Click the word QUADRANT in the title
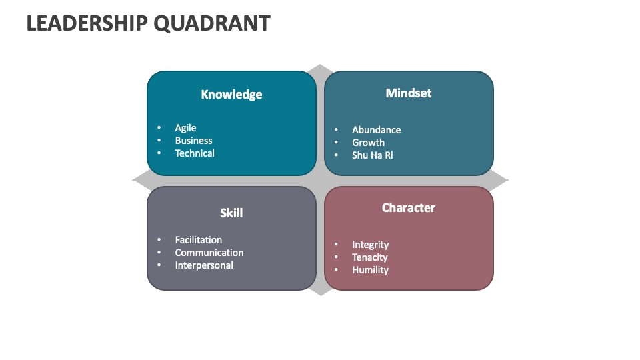coord(212,23)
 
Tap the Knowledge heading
coord(231,95)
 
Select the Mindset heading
coord(409,93)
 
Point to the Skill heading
coord(231,213)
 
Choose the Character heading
coord(409,208)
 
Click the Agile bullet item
coord(185,128)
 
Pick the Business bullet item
coord(193,141)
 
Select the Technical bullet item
coord(195,153)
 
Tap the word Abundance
coord(376,130)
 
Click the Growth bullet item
coord(368,143)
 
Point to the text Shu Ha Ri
coord(372,155)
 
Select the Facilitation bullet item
coord(199,240)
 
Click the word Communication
coord(209,253)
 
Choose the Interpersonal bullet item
coord(204,265)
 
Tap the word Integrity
coord(370,245)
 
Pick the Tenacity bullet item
coord(369,257)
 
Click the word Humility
coord(370,270)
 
